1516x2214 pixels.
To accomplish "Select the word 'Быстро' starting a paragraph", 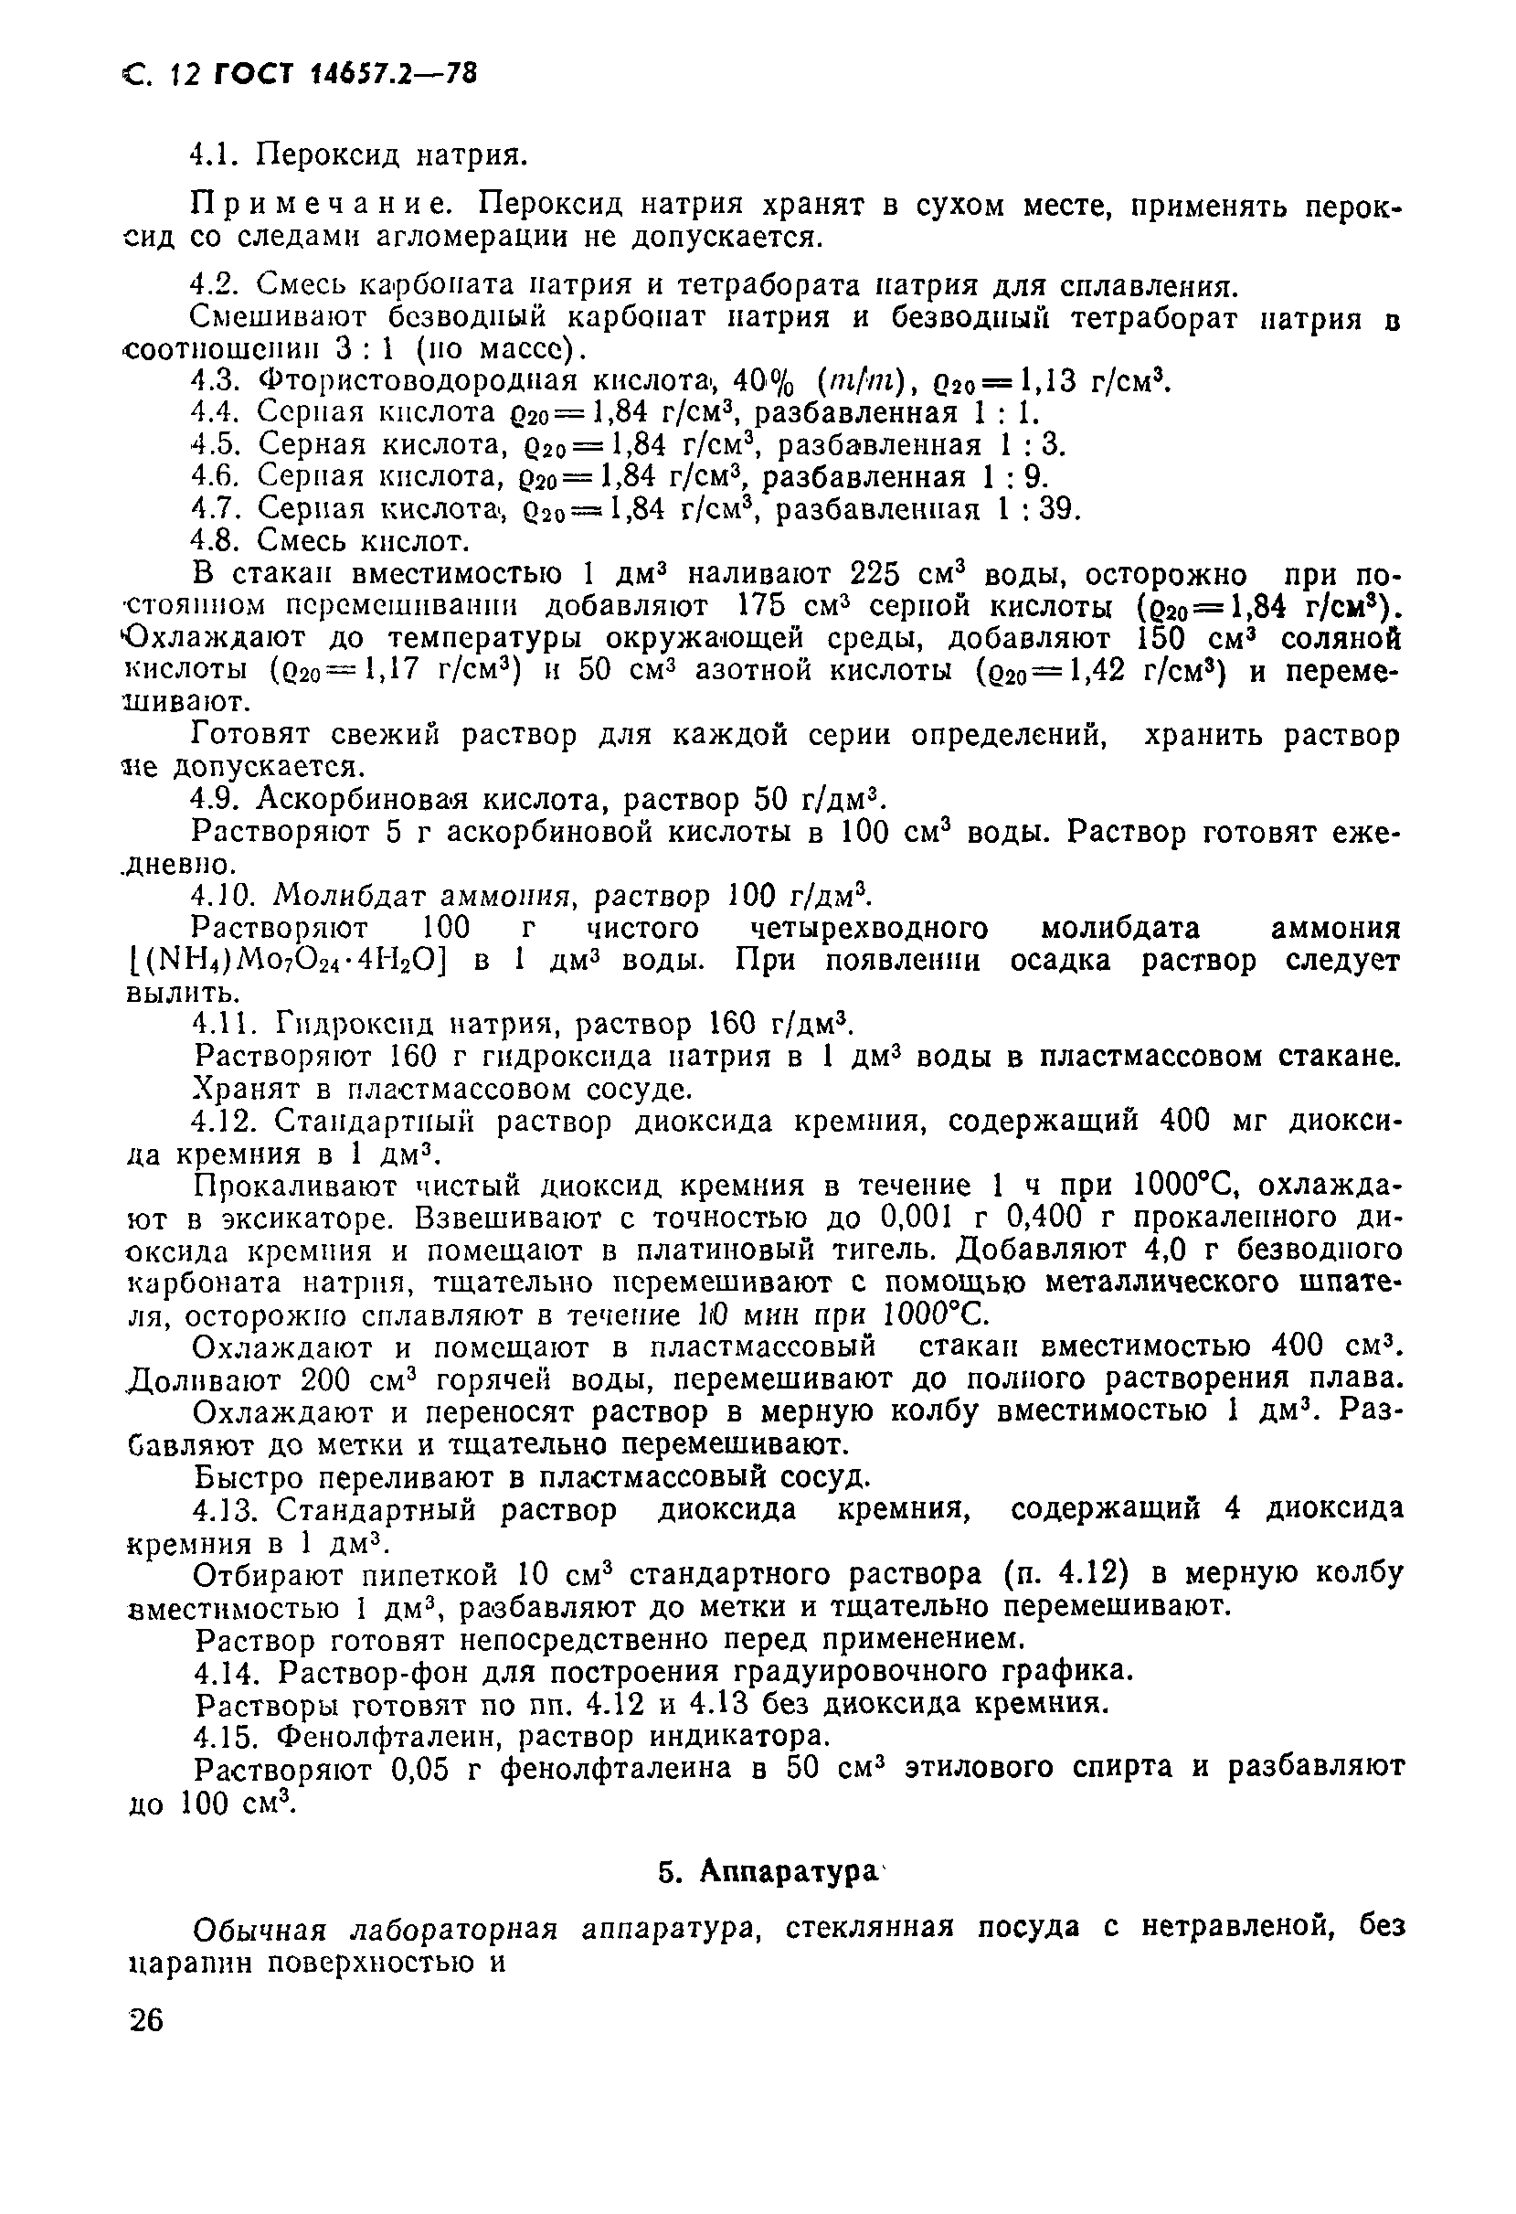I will (x=248, y=1477).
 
